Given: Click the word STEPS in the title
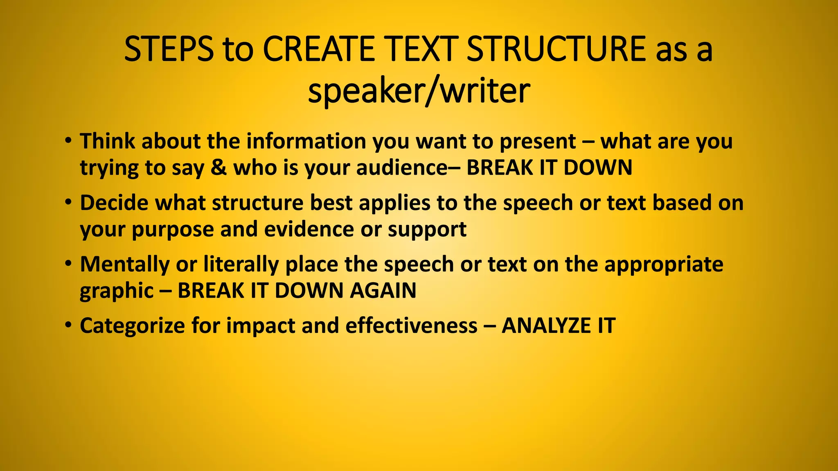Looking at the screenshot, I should click(x=168, y=49).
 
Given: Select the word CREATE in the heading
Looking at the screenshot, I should click(x=318, y=49).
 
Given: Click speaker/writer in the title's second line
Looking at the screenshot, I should click(x=419, y=91).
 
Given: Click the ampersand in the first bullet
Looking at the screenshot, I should click(x=219, y=168).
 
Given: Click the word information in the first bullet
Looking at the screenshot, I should click(x=306, y=141).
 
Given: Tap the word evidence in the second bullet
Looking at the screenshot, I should click(x=309, y=229).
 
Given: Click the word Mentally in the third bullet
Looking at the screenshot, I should click(x=124, y=265).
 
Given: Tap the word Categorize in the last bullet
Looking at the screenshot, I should click(x=132, y=326).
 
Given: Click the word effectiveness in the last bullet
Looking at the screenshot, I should click(x=411, y=326).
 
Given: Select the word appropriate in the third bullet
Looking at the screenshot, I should click(x=664, y=265).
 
